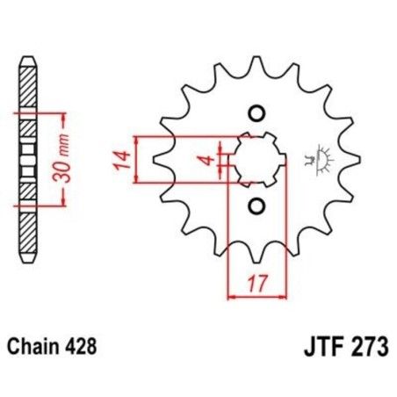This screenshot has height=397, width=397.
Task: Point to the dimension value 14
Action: [123, 160]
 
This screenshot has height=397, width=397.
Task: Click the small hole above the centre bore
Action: [257, 112]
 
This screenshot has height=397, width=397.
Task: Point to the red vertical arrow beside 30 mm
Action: [63, 160]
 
